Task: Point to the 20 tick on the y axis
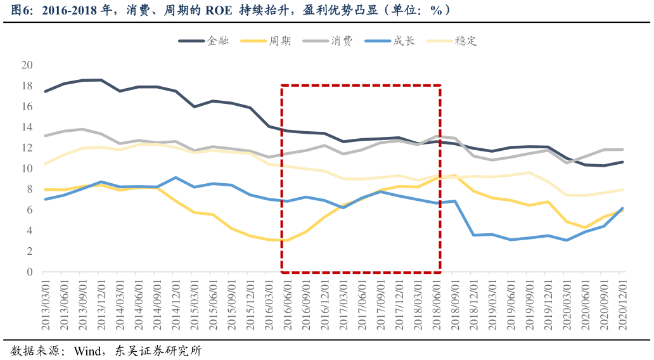click(x=27, y=65)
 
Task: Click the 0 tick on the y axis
click(x=29, y=272)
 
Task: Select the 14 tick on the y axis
click(x=27, y=127)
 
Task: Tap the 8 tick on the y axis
click(x=29, y=189)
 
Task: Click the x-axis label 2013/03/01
click(x=45, y=307)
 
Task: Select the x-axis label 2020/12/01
click(x=622, y=307)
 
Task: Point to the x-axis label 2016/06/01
click(x=287, y=307)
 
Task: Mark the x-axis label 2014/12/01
click(x=176, y=307)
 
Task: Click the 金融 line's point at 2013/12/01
click(x=101, y=80)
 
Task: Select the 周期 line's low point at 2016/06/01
click(x=287, y=240)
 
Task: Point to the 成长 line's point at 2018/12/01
click(x=473, y=235)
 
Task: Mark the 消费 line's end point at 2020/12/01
click(x=622, y=150)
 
